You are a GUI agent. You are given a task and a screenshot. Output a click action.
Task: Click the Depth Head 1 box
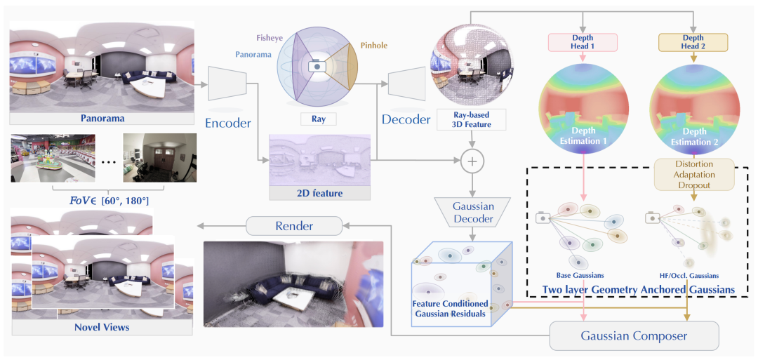point(583,43)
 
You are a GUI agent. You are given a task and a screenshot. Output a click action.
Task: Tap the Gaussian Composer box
point(634,335)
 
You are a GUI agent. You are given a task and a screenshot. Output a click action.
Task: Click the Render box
point(294,226)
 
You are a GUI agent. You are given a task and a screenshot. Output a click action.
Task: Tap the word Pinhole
point(373,46)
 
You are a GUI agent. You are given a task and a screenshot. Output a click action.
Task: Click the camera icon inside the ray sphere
point(317,67)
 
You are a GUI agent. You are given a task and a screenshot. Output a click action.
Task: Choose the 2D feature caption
point(320,193)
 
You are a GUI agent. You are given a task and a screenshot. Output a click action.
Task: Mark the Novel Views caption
point(102,327)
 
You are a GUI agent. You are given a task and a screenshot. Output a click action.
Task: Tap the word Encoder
point(228,123)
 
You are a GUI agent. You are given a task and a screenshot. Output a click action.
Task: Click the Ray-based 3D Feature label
point(471,119)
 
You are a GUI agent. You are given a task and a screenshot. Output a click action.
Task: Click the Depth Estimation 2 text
point(694,138)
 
